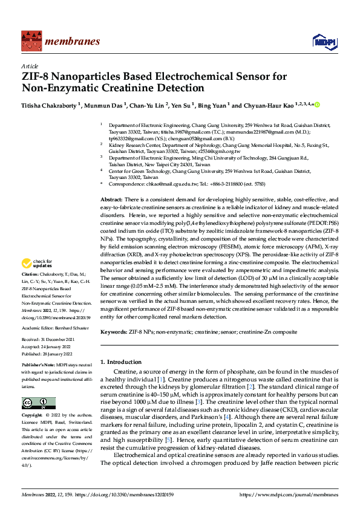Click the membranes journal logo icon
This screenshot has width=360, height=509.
tap(30, 41)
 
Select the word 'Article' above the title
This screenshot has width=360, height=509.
tap(29, 66)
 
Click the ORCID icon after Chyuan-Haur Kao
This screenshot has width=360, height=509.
tap(316, 105)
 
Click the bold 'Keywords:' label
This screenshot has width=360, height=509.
tap(114, 332)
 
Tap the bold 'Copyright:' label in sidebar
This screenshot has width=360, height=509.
tap(32, 416)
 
